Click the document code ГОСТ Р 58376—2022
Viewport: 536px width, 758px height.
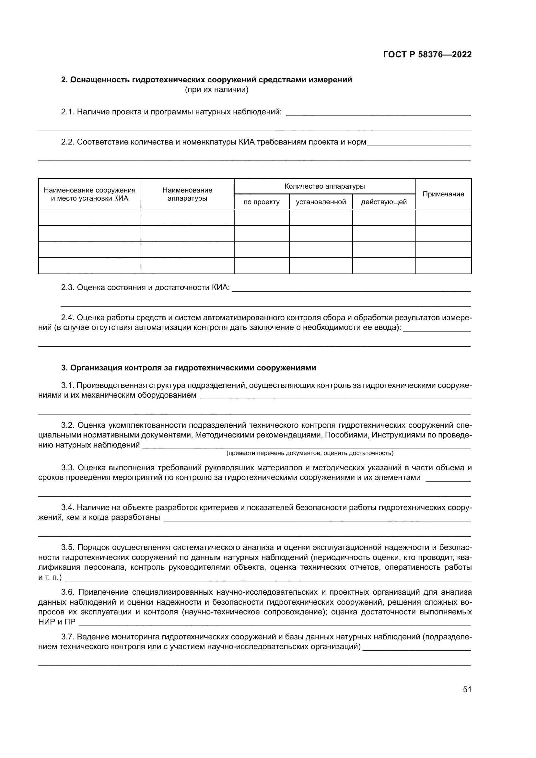coord(427,54)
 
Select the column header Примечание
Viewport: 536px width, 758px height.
coord(443,194)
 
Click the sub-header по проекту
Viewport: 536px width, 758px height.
coord(262,202)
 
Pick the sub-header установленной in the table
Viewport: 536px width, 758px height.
coord(321,202)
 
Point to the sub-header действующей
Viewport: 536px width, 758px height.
coord(384,202)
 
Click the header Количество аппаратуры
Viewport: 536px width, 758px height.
coord(324,187)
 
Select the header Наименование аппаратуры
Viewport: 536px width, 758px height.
coord(187,194)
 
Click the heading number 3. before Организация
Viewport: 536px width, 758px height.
coord(64,368)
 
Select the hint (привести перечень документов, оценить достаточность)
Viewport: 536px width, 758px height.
coord(309,453)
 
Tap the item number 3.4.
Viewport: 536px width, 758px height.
coord(68,507)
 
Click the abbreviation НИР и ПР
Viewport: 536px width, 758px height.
coord(57,622)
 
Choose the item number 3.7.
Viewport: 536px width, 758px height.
coord(68,637)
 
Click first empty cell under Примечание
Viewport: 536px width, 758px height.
coord(443,217)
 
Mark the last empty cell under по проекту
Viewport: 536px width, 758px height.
coord(262,266)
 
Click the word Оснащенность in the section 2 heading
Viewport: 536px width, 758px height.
coord(100,80)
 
